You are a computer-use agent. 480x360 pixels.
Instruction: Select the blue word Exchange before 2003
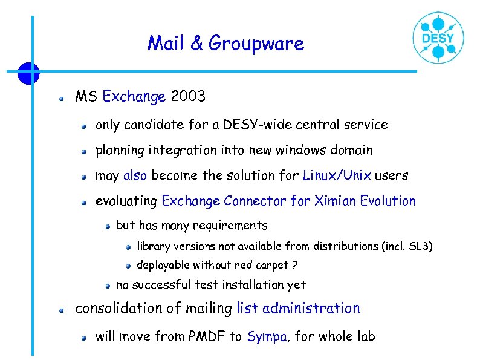click(x=134, y=96)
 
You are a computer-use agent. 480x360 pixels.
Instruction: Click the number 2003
click(x=188, y=96)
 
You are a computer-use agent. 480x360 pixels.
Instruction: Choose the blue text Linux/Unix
click(x=337, y=176)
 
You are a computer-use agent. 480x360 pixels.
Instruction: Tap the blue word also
click(x=135, y=176)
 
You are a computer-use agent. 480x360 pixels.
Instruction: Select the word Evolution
click(x=388, y=201)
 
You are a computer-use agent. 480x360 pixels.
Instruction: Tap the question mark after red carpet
click(x=294, y=266)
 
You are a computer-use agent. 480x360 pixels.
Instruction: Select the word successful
click(x=161, y=284)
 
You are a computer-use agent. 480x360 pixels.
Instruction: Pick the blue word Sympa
click(x=266, y=337)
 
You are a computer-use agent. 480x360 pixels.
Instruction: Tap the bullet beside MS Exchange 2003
click(x=61, y=97)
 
